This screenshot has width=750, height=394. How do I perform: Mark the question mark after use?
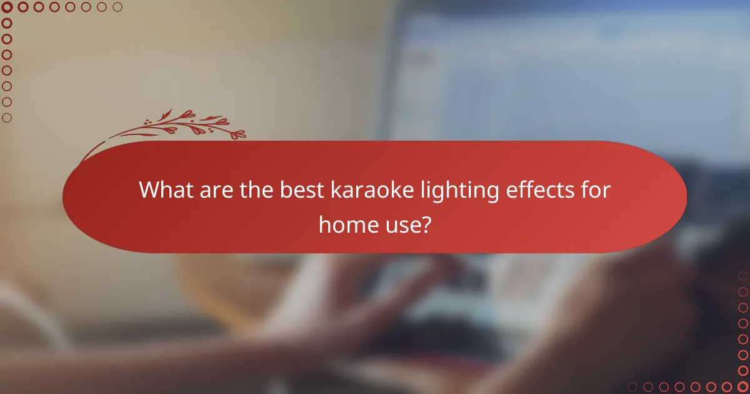point(425,223)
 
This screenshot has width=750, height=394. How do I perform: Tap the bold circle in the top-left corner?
point(7,8)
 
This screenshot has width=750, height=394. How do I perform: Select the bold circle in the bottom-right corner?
point(742,386)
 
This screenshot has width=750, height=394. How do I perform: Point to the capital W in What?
point(149,189)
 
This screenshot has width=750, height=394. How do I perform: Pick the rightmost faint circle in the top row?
point(117,8)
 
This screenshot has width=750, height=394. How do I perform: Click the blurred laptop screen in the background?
point(562,94)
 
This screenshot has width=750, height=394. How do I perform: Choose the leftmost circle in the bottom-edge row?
point(632,386)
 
